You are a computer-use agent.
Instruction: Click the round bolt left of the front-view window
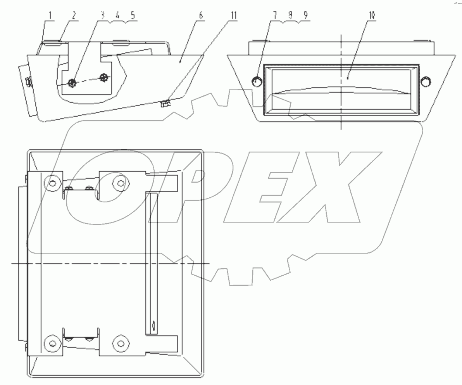(x=256, y=81)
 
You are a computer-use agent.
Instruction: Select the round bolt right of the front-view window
(x=425, y=81)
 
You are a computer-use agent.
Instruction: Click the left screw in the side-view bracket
(x=72, y=82)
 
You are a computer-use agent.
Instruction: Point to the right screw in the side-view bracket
(x=103, y=77)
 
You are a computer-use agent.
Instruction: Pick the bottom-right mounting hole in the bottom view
(x=120, y=343)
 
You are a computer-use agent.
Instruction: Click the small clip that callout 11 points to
(x=165, y=103)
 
